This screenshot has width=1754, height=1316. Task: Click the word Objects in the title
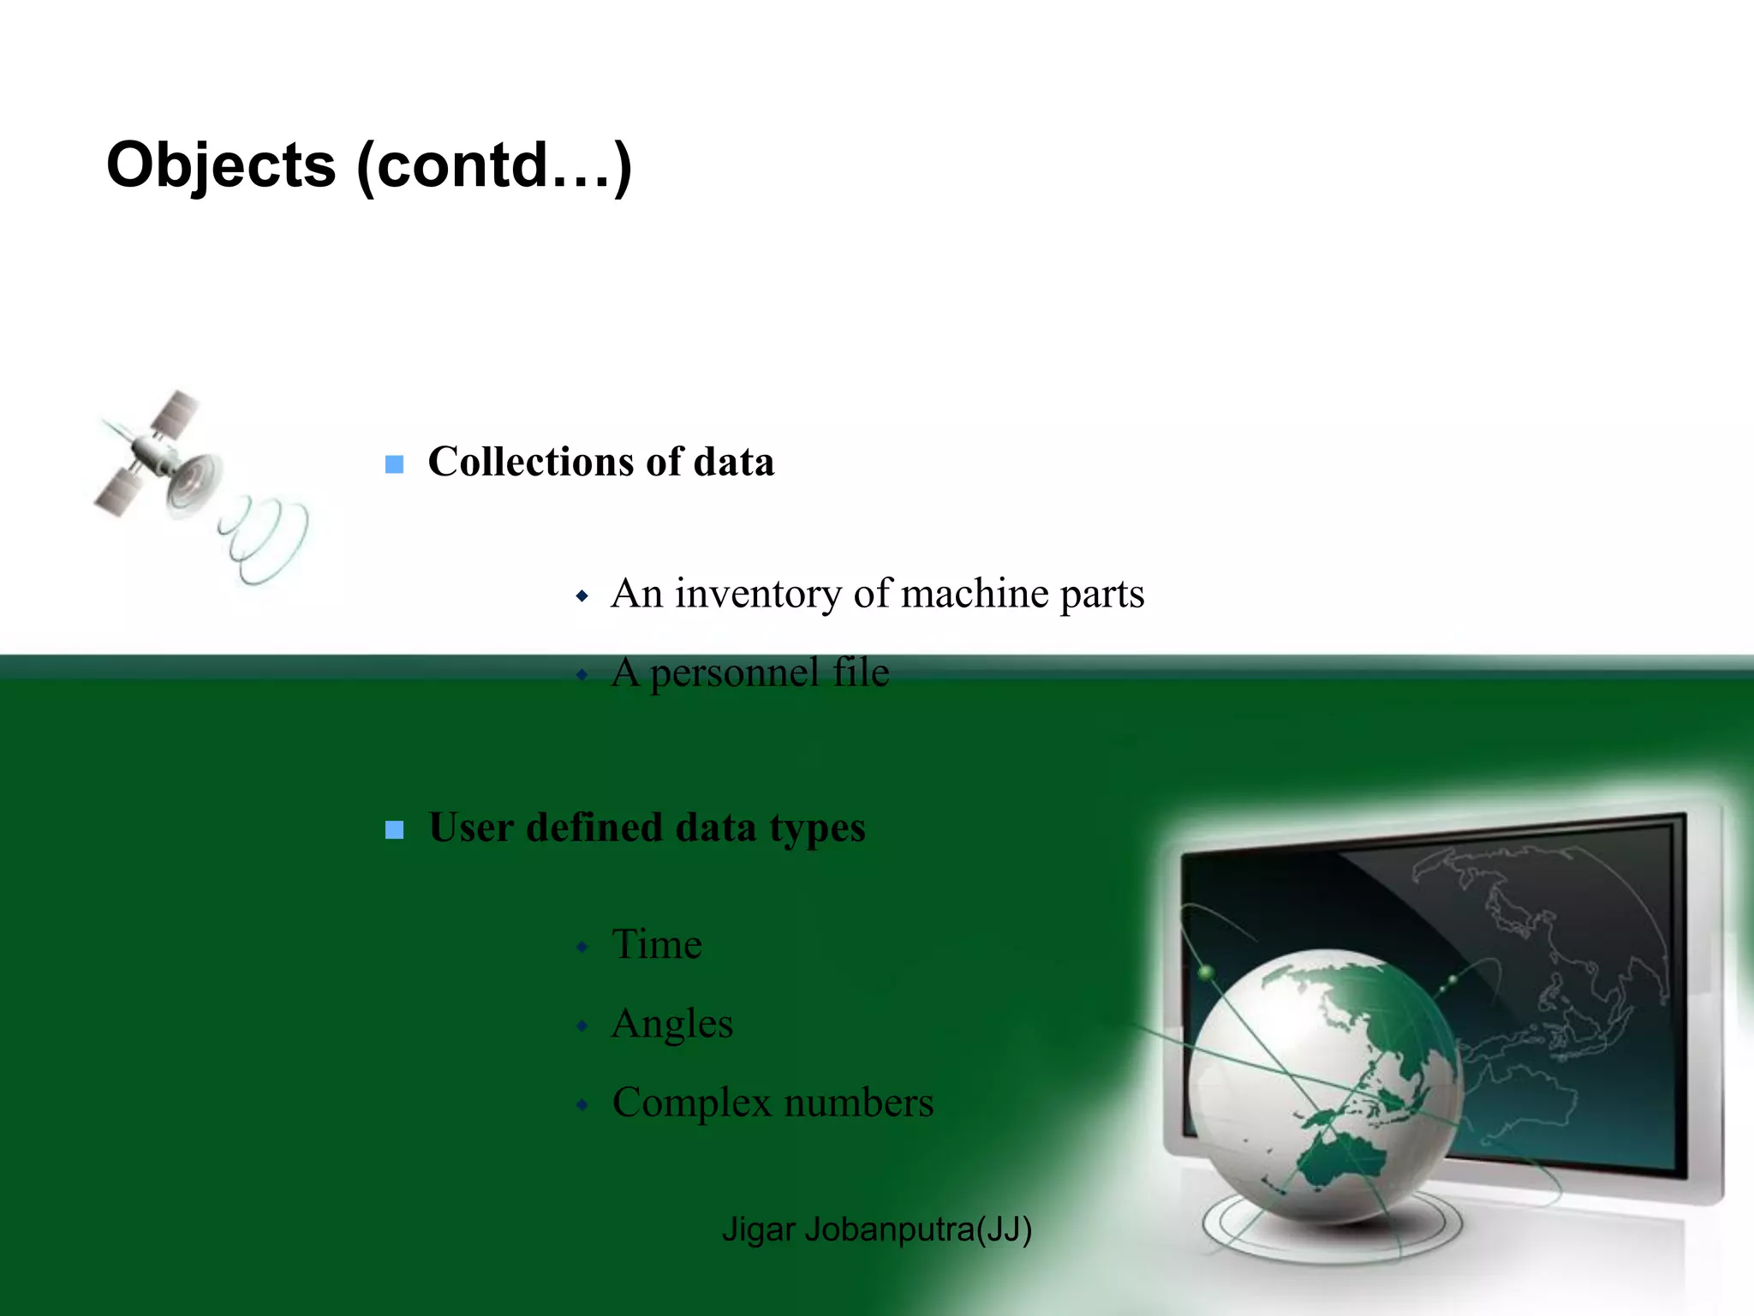click(x=221, y=165)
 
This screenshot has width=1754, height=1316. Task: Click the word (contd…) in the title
click(x=494, y=165)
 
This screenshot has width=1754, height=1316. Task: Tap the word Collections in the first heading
click(x=529, y=462)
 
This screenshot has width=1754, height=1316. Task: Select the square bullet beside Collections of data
click(x=394, y=464)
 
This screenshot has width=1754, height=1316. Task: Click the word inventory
click(x=757, y=594)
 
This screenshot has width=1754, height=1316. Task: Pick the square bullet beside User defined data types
click(x=394, y=829)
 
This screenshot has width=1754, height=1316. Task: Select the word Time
click(x=657, y=944)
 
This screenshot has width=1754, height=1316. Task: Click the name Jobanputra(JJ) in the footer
click(x=918, y=1229)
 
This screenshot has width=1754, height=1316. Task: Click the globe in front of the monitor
click(x=1323, y=1084)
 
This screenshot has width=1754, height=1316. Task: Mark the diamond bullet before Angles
click(x=582, y=1026)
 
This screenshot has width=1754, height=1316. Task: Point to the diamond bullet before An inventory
click(x=582, y=595)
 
